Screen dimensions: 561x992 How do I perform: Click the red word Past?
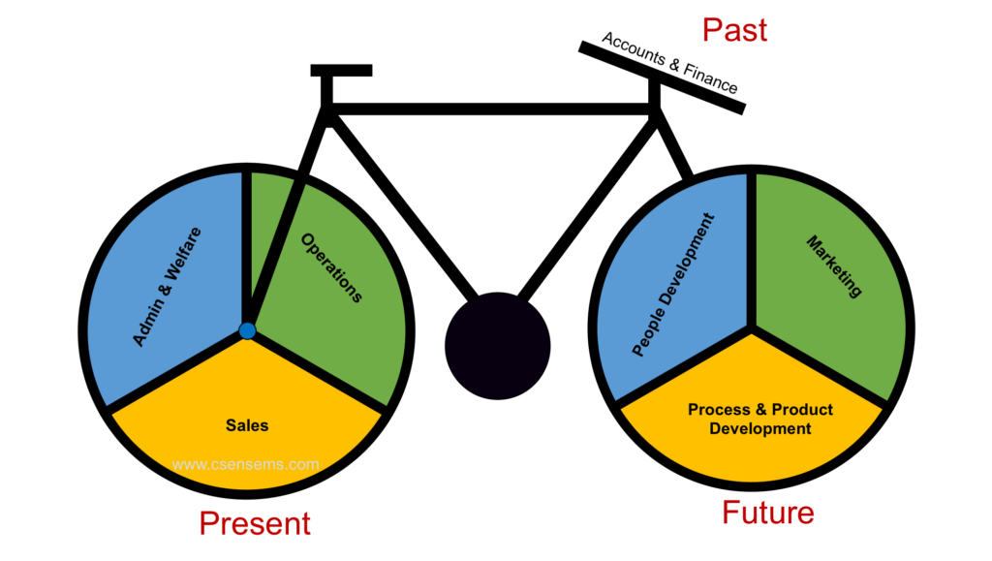pos(734,30)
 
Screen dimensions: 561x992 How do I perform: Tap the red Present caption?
pos(255,524)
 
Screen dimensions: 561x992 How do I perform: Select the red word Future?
pos(767,513)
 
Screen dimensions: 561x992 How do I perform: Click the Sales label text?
pos(247,425)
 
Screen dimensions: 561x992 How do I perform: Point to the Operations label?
pos(331,267)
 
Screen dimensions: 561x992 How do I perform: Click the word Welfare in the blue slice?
pos(184,253)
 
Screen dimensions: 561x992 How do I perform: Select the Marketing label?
pos(834,266)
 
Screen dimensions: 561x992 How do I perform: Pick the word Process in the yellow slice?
pos(719,410)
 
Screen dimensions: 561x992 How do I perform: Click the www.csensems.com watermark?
pos(245,465)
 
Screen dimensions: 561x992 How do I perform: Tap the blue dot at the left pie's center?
pos(247,330)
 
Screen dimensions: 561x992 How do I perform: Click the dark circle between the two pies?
pos(498,346)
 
